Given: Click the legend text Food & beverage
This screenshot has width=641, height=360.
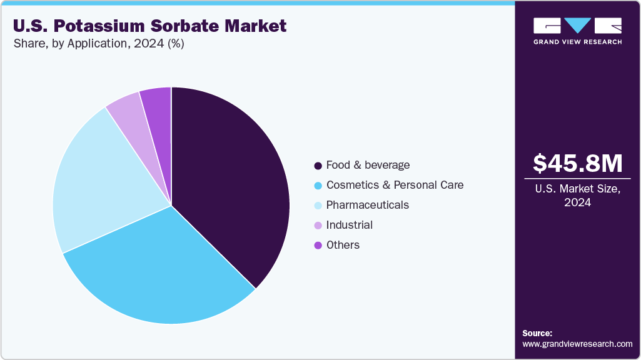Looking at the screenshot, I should [x=368, y=165].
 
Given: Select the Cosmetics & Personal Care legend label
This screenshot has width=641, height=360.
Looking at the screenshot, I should [x=395, y=185].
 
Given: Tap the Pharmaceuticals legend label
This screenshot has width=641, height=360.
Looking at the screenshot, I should [x=367, y=205].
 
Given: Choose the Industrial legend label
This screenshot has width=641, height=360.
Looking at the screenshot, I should [x=349, y=225].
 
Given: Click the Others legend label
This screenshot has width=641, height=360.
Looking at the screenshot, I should [x=343, y=245].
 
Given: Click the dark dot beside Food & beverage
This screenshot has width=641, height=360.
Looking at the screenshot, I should [x=318, y=166].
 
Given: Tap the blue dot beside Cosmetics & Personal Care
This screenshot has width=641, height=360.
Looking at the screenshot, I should [x=318, y=186].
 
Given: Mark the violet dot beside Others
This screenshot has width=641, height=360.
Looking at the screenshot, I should [x=318, y=246].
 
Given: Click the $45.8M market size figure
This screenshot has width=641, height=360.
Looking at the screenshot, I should [x=577, y=164].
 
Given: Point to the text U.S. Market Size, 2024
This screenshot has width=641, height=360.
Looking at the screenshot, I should [x=577, y=195].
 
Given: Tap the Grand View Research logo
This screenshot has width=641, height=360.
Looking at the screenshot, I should [x=577, y=31].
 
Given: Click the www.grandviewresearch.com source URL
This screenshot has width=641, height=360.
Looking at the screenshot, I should [x=577, y=344].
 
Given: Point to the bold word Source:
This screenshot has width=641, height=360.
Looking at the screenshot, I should [x=537, y=333].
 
